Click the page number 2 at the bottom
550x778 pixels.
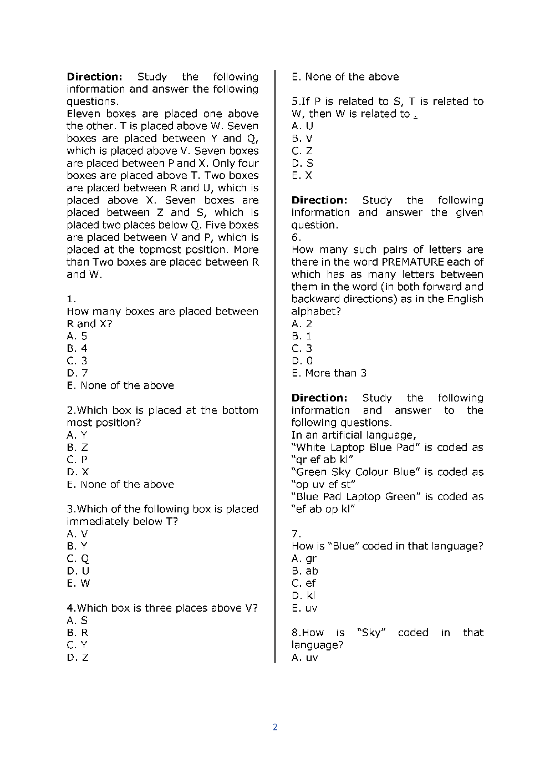275,727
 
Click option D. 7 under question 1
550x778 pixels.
77,373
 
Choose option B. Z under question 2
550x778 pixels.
77,448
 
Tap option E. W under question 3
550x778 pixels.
78,583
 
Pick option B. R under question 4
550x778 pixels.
77,633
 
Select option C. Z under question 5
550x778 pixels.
302,151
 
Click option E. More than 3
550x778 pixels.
329,373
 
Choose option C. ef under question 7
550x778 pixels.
303,583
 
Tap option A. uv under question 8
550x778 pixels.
304,658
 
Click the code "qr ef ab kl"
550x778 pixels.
323,460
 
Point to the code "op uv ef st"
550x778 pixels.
323,484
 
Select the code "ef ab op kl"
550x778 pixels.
323,509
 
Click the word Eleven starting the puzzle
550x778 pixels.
83,114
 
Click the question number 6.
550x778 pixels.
296,237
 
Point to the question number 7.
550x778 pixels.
296,534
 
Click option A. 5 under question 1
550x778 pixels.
77,336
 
